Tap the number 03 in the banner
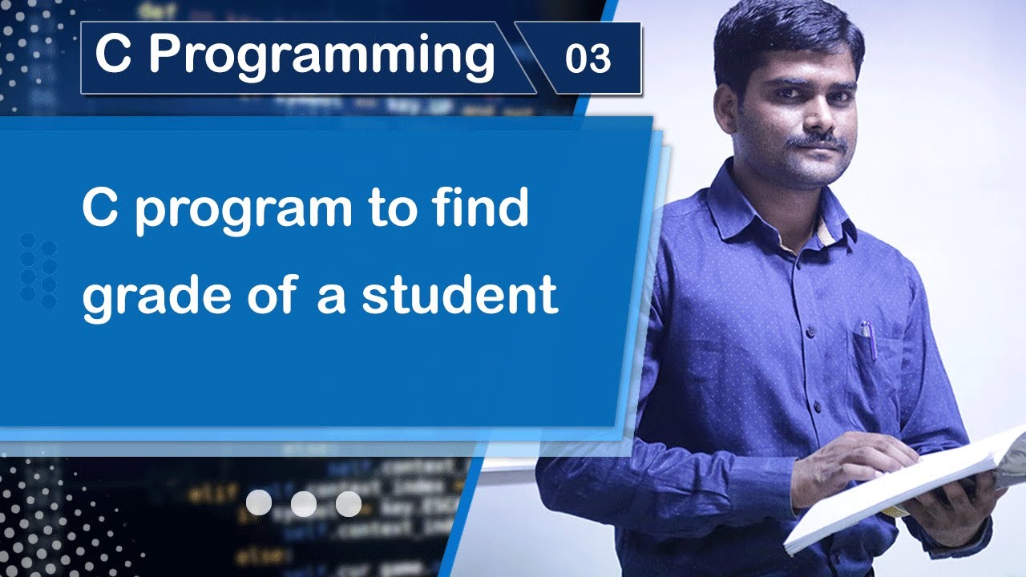pos(588,59)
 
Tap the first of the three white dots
pos(259,503)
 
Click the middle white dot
pos(304,503)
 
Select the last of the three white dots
pos(349,503)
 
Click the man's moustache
pos(818,141)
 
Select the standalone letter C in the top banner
pos(113,56)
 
